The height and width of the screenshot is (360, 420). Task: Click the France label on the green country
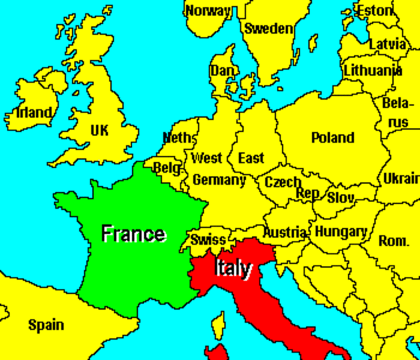coord(133,233)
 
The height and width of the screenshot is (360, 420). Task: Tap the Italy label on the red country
coord(234,268)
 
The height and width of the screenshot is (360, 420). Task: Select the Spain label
coord(46,325)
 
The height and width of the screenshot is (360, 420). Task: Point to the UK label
coord(99,130)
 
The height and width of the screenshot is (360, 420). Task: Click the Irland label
coord(34,113)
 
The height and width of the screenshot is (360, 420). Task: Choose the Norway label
coord(208,10)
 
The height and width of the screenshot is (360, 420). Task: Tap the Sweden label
coord(268,28)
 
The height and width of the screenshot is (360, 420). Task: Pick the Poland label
coord(332,137)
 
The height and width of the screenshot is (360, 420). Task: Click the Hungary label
coord(340,232)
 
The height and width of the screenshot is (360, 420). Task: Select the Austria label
coord(285,232)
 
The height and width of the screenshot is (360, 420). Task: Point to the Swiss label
coord(208,240)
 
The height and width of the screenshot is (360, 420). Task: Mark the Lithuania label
coord(372,70)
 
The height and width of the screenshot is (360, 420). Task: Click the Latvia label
coord(387,43)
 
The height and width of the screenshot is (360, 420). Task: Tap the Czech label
coord(282,181)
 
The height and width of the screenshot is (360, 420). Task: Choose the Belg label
coord(166,169)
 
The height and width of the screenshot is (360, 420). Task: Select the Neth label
coord(178,138)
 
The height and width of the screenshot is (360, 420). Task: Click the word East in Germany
coord(250,157)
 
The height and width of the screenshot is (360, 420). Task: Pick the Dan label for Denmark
coord(222,70)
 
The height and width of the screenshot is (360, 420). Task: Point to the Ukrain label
coord(401,178)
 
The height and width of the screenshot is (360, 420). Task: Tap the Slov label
coord(341,196)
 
